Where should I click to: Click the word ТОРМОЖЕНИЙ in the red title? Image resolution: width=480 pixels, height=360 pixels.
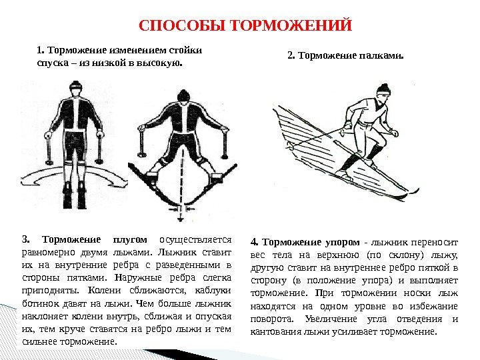[x=290, y=26]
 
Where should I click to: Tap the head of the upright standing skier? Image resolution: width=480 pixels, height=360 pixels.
[x=77, y=89]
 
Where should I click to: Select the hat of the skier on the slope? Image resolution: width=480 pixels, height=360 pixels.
[x=383, y=89]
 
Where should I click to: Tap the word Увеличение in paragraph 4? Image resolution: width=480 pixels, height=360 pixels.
[x=361, y=319]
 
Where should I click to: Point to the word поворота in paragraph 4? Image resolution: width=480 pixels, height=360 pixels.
[x=269, y=319]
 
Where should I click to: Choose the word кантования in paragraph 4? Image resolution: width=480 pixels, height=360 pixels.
[x=274, y=331]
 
